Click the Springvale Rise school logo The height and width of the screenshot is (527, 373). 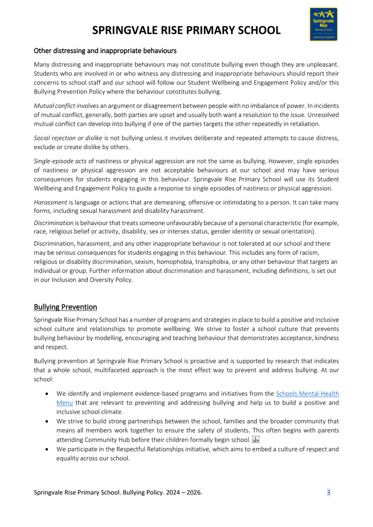(323, 24)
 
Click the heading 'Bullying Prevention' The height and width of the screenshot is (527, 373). (65, 307)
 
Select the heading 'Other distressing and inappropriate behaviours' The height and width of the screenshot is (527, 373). (105, 51)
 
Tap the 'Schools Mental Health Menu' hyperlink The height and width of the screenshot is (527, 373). (307, 393)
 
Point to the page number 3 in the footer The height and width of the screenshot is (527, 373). (328, 492)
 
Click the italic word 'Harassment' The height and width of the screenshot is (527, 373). (51, 202)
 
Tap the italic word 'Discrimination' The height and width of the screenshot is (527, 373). (54, 223)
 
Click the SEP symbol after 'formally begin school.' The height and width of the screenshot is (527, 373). (256, 440)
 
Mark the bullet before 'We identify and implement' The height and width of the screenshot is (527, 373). (47, 393)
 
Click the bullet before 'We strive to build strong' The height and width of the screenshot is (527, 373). (47, 421)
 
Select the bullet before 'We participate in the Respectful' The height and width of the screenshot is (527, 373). (47, 449)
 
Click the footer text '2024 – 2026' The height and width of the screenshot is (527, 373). (184, 492)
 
